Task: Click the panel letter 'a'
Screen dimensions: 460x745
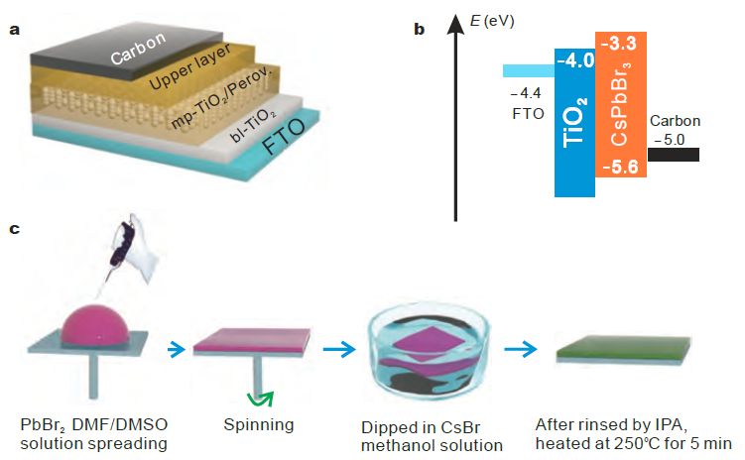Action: (14, 29)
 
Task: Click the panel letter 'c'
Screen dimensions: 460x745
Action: (14, 230)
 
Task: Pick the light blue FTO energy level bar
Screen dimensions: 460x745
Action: (528, 70)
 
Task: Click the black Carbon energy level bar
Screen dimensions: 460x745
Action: (674, 154)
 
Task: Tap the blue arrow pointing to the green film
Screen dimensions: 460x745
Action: (519, 348)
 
